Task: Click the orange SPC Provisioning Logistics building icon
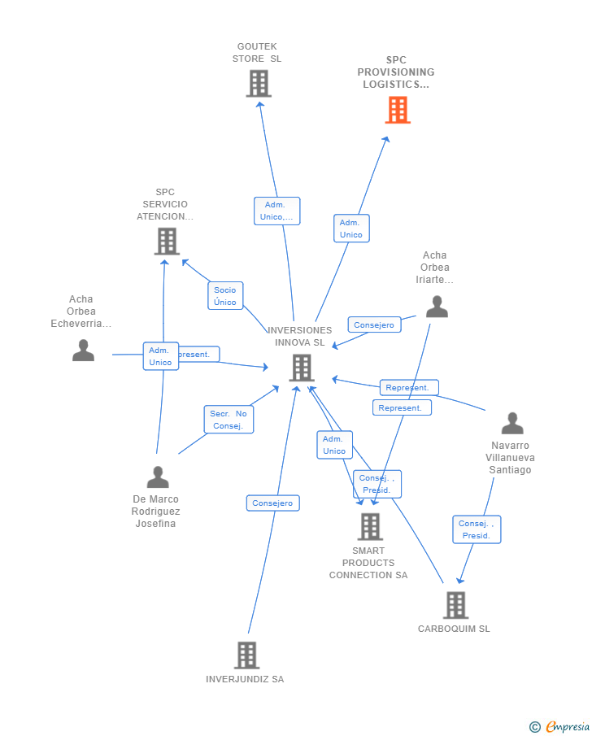pos(398,110)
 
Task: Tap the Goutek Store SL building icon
pos(258,84)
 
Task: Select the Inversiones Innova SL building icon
pos(301,368)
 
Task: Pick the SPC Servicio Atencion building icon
pos(166,242)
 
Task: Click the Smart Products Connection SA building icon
pos(369,527)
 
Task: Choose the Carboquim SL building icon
pos(455,605)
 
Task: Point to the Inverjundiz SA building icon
pos(246,655)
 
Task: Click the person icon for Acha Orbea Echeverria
pos(83,351)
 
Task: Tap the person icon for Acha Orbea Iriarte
pos(437,307)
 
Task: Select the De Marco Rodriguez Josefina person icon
pos(157,477)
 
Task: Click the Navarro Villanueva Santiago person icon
pos(511,424)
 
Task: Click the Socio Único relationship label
pos(225,296)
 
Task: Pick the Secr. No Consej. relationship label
pos(228,420)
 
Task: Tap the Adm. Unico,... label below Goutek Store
pos(276,211)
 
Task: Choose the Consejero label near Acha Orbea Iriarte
pos(374,324)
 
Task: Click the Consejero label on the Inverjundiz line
pos(272,503)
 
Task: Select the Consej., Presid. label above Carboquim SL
pos(477,529)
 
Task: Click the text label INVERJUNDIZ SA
pos(245,679)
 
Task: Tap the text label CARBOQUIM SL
pos(454,629)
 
